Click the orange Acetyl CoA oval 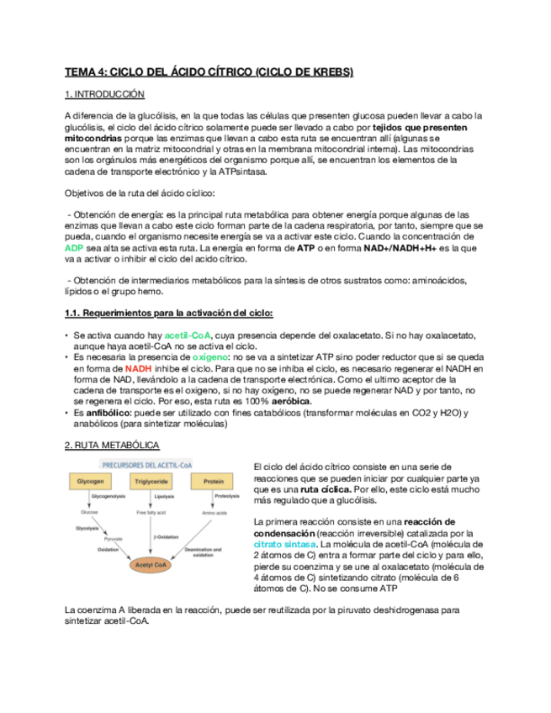152,566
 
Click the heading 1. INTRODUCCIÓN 104,95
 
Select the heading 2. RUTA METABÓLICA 112,445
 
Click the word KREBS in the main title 324,72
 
